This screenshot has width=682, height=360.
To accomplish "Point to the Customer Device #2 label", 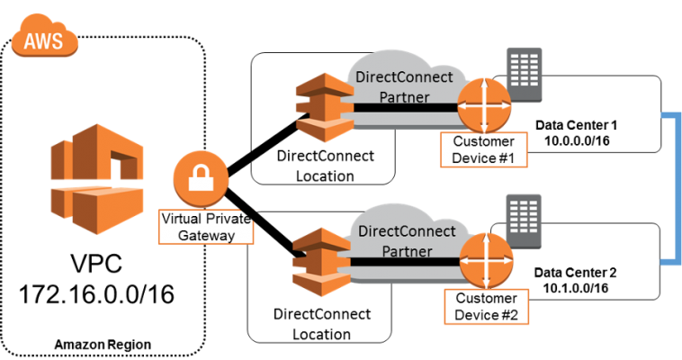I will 486,307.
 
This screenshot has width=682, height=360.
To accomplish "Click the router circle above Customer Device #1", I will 484,107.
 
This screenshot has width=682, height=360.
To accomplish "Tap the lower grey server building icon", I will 524,219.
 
